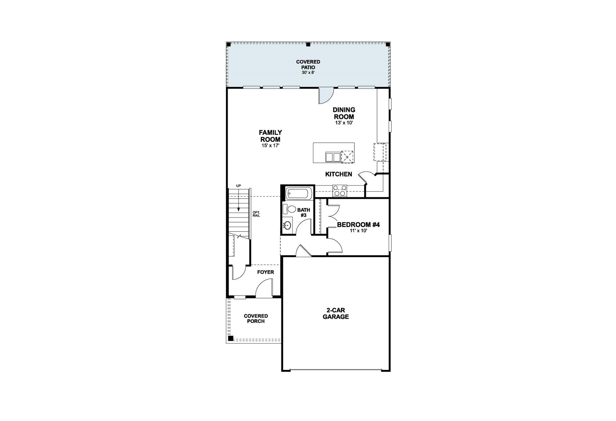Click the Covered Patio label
click(308, 64)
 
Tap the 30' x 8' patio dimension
click(308, 72)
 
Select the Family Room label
click(270, 136)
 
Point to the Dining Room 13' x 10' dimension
click(344, 123)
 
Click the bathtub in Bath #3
click(297, 194)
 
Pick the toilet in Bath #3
click(291, 209)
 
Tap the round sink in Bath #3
click(288, 225)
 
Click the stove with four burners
click(340, 191)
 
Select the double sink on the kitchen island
click(333, 157)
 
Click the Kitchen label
click(338, 174)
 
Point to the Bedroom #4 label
click(358, 225)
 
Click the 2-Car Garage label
click(336, 314)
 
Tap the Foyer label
click(266, 272)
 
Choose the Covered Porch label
click(256, 319)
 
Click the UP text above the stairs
click(239, 186)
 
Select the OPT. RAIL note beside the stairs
click(256, 214)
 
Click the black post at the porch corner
click(230, 338)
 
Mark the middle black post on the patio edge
click(308, 44)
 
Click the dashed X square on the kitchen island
click(347, 157)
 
